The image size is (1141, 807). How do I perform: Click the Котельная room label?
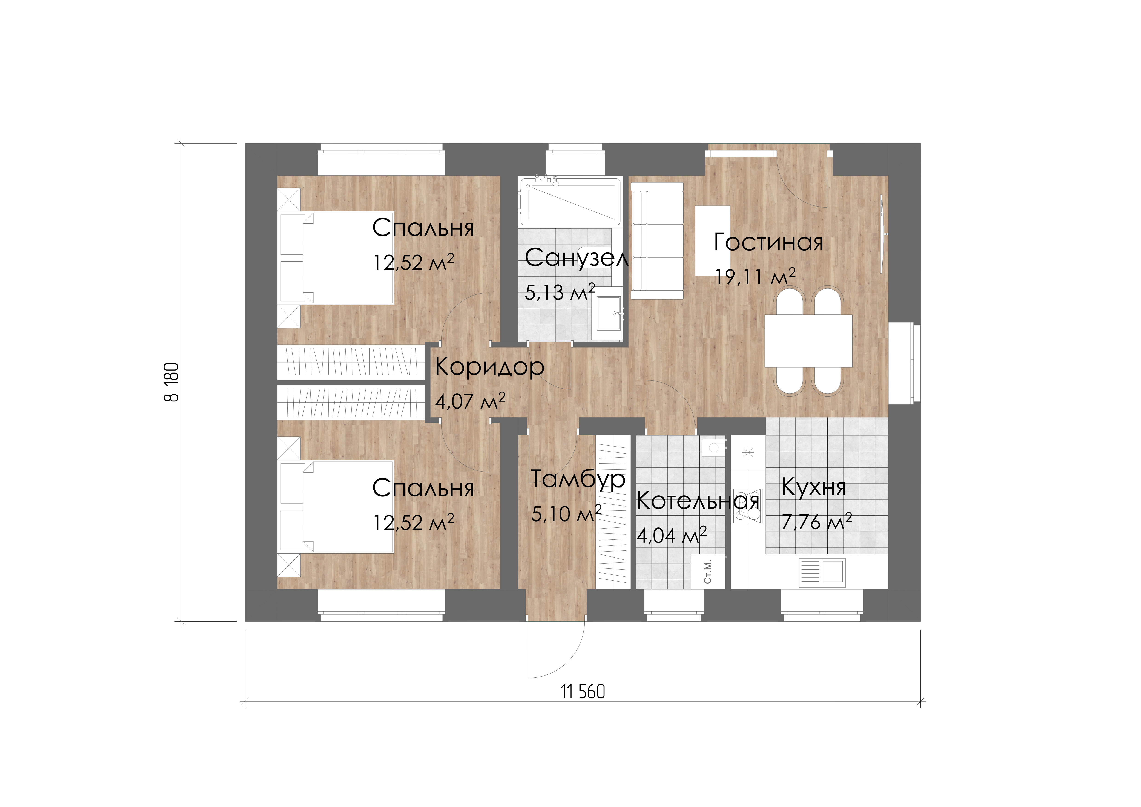click(x=698, y=501)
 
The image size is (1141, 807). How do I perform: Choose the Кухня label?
click(x=813, y=487)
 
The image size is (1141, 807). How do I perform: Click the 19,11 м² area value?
click(x=755, y=276)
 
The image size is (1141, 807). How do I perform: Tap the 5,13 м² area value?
click(x=560, y=292)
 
